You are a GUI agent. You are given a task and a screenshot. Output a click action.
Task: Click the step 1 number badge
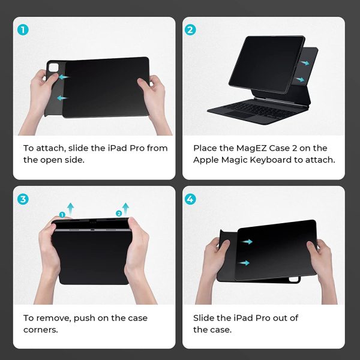(23, 29)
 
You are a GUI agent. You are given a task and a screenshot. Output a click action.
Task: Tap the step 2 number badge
(191, 29)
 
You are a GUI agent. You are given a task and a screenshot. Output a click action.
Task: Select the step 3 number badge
(23, 199)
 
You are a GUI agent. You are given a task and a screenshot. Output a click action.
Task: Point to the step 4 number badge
(191, 199)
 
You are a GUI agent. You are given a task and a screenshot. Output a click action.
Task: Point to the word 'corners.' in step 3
(41, 330)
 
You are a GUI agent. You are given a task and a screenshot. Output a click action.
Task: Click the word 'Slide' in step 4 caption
(204, 318)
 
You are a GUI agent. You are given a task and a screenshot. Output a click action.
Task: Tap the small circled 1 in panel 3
(62, 215)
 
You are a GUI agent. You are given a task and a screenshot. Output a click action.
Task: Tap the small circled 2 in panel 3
(118, 213)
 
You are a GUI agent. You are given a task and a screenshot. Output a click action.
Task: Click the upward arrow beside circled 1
(71, 209)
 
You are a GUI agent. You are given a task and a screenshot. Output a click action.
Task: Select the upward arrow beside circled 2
(126, 208)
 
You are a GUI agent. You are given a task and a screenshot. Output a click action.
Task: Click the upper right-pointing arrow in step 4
(247, 242)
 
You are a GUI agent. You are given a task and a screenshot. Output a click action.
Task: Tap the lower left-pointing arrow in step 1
(61, 97)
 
